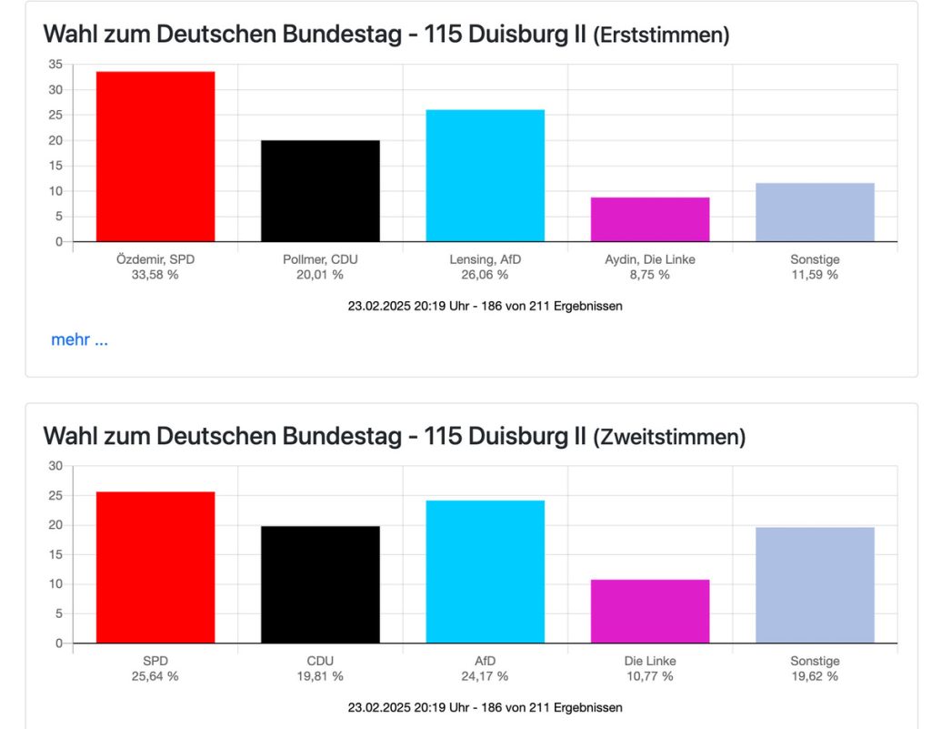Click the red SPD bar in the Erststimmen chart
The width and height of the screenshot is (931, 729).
point(155,157)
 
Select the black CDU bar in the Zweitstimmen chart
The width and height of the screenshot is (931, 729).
point(320,584)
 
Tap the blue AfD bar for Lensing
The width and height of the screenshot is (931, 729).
point(486,176)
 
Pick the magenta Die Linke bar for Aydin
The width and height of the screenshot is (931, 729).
point(650,219)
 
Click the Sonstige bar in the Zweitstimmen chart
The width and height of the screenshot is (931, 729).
point(815,585)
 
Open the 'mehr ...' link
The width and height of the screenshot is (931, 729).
point(79,340)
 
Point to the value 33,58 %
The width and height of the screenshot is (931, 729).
point(155,275)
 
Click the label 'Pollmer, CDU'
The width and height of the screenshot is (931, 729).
point(320,259)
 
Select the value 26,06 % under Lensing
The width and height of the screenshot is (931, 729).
point(486,275)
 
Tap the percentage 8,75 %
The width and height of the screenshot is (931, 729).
point(650,275)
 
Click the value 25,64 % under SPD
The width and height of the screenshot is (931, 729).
point(155,676)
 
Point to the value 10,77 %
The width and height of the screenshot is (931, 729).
point(650,676)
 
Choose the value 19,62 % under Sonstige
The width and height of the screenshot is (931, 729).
point(815,676)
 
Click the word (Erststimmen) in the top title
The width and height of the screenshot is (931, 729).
point(661,36)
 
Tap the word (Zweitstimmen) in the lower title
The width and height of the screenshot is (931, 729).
point(668,438)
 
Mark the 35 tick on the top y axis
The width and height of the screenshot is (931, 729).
point(56,64)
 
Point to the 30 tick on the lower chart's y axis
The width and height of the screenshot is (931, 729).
point(56,466)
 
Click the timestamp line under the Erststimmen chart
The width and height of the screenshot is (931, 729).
point(485,307)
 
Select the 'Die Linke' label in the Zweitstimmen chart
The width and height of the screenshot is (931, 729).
point(650,661)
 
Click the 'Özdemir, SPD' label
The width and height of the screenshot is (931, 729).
point(155,259)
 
